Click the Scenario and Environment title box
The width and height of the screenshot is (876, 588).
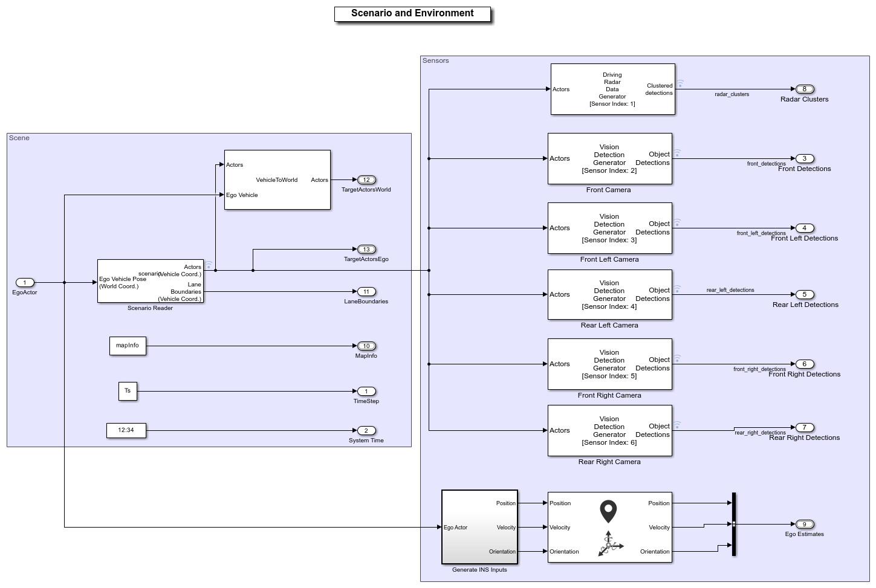[412, 14]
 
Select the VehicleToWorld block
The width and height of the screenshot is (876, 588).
[277, 179]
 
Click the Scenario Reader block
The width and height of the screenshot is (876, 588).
[150, 282]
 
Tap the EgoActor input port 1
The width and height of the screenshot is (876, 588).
[25, 282]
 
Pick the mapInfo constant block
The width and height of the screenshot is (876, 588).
[128, 346]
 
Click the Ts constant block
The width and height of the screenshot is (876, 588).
[128, 391]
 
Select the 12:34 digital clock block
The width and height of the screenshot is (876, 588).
[126, 430]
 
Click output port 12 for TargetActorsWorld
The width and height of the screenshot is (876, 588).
[366, 179]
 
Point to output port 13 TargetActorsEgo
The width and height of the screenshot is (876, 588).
[366, 249]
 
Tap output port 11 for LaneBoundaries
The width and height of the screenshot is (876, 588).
[366, 291]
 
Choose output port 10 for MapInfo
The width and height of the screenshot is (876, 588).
[366, 346]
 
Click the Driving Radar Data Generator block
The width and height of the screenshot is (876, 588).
[612, 89]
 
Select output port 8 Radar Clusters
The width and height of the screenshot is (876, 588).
[804, 89]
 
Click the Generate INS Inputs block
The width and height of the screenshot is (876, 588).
[479, 526]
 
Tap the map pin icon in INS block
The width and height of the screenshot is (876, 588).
[608, 511]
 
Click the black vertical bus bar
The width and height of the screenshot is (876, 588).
[733, 524]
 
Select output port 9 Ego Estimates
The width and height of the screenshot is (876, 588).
[804, 524]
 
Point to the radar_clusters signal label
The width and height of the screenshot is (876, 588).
[732, 94]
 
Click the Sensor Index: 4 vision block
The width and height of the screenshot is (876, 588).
[609, 294]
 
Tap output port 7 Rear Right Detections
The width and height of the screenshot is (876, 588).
[804, 427]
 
